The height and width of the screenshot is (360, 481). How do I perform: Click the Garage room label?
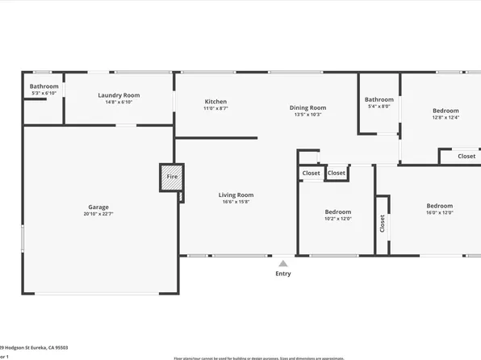pyautogui.click(x=98, y=207)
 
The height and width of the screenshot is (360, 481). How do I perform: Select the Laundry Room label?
pyautogui.click(x=119, y=95)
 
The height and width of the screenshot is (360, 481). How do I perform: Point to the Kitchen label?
pyautogui.click(x=215, y=102)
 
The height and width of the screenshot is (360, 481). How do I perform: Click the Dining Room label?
pyautogui.click(x=307, y=107)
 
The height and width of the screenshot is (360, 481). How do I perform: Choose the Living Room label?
pyautogui.click(x=236, y=195)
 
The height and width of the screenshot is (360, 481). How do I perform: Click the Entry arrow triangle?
pyautogui.click(x=282, y=262)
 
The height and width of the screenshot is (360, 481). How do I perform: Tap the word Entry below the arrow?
pyautogui.click(x=282, y=274)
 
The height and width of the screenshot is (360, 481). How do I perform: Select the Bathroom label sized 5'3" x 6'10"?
pyautogui.click(x=44, y=86)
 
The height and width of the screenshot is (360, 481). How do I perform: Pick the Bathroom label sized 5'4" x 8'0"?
pyautogui.click(x=379, y=99)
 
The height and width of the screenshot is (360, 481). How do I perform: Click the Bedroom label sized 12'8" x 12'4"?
pyautogui.click(x=445, y=111)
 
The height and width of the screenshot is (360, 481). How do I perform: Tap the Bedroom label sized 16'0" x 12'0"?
pyautogui.click(x=439, y=206)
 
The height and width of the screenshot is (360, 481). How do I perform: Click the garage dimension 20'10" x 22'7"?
pyautogui.click(x=98, y=214)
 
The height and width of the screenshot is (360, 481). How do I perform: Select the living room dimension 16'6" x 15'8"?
pyautogui.click(x=236, y=202)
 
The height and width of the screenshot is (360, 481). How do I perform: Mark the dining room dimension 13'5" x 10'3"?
pyautogui.click(x=307, y=115)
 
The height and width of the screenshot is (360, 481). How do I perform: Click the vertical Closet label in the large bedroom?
pyautogui.click(x=383, y=223)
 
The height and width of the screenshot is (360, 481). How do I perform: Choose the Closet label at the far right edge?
pyautogui.click(x=466, y=157)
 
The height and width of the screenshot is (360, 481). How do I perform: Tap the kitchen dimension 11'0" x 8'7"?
pyautogui.click(x=215, y=108)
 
